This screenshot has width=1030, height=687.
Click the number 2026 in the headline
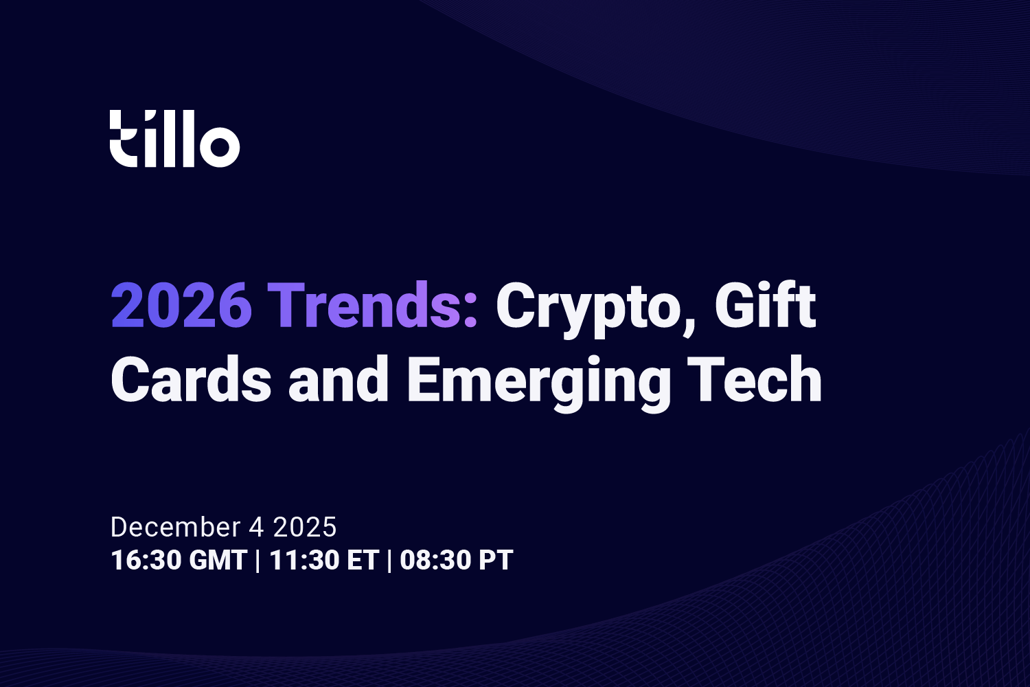[x=181, y=306]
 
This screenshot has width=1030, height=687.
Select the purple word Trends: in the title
[x=372, y=306]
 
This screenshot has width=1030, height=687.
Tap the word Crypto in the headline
[x=588, y=308]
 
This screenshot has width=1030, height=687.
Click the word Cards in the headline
[x=191, y=380]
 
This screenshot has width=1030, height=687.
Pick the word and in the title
[x=339, y=380]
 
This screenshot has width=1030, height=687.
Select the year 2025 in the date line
[x=305, y=527]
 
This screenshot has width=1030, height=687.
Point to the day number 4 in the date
[x=256, y=527]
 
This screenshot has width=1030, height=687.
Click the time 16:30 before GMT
[x=146, y=560]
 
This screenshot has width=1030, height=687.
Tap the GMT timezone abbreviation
[x=218, y=560]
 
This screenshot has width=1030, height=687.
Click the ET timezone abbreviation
[x=363, y=560]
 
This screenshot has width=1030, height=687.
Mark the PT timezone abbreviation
[x=496, y=560]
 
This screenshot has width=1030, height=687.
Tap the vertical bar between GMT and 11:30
[x=257, y=560]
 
